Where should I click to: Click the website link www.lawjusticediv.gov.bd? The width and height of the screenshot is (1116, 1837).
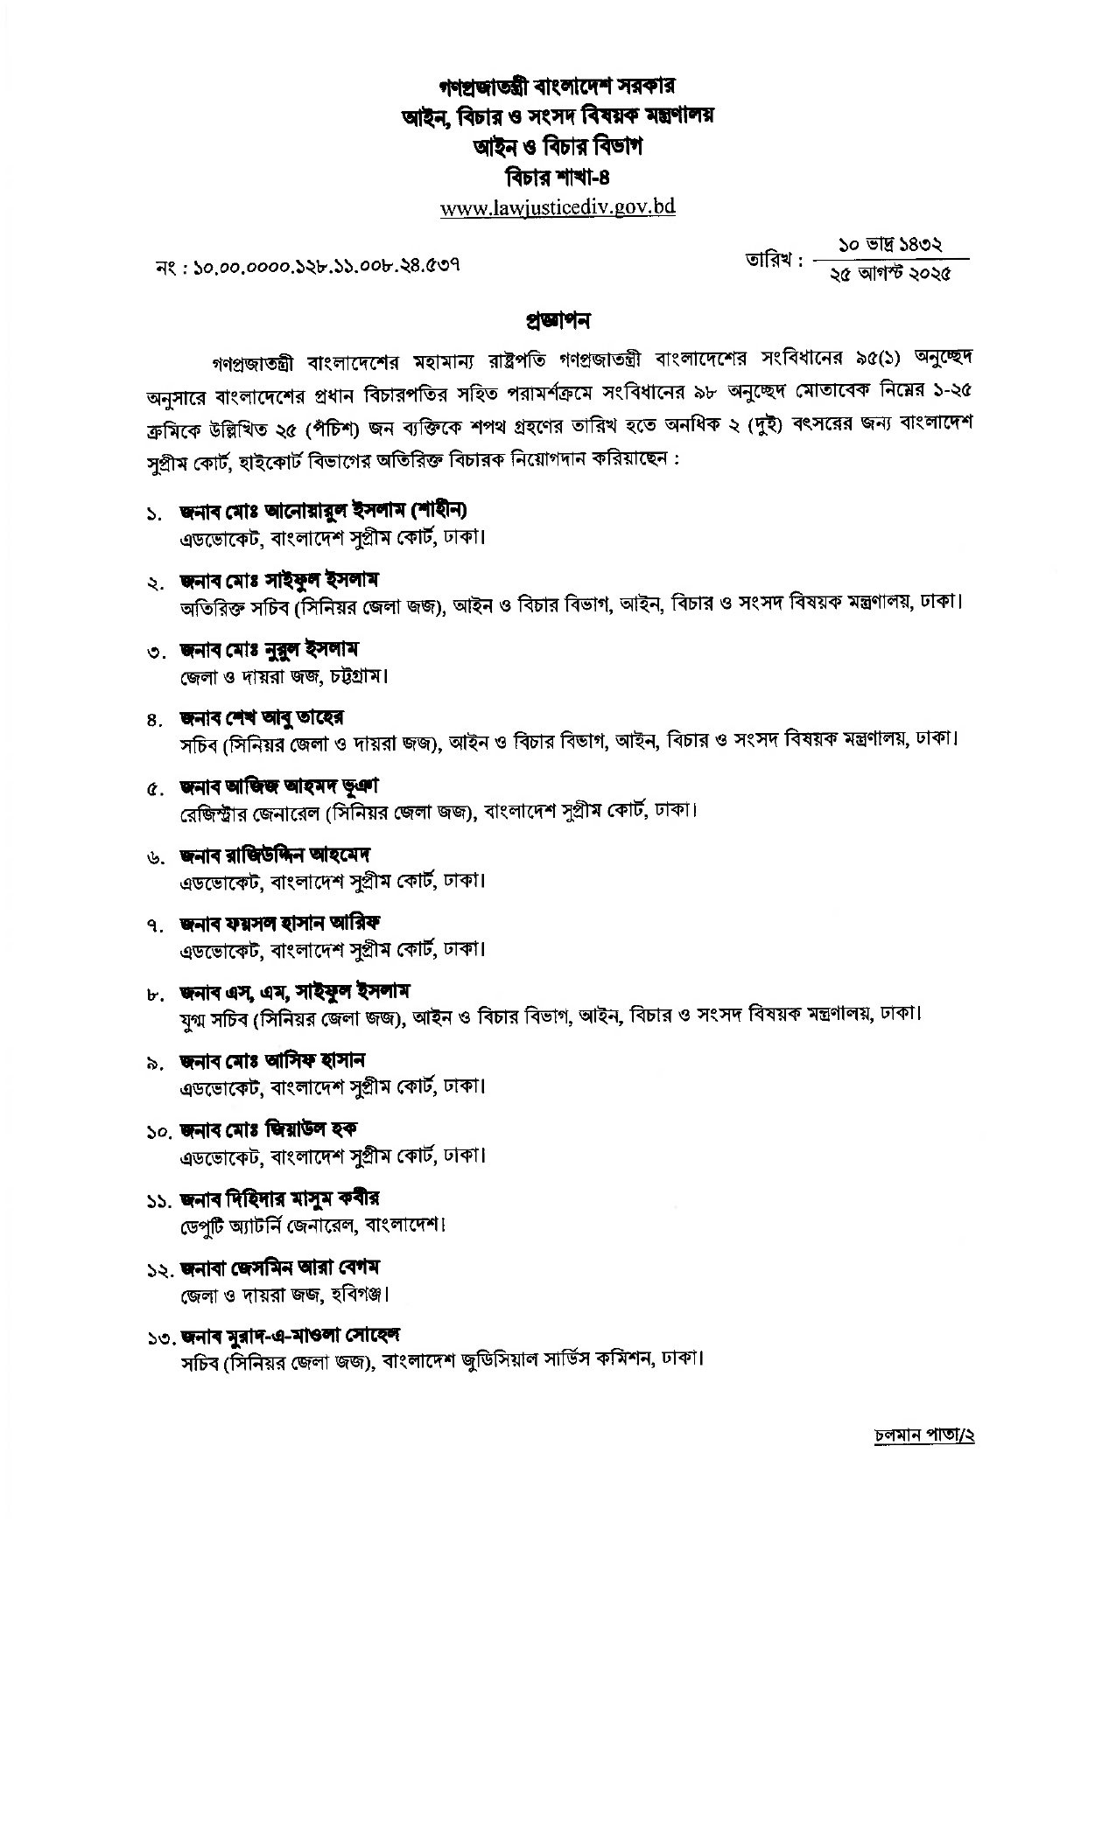558,208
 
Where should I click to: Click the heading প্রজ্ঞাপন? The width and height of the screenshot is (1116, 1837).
558,320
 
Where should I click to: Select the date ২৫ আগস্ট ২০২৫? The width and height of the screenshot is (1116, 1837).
890,273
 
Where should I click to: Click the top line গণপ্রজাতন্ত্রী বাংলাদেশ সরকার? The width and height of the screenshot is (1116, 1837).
558,87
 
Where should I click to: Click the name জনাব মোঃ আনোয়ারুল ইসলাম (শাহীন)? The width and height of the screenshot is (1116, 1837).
324,510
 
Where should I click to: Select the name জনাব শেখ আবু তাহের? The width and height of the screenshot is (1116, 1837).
262,717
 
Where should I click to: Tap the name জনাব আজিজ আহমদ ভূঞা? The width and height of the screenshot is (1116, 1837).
279,786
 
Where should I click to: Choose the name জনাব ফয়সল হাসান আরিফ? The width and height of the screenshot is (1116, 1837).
281,923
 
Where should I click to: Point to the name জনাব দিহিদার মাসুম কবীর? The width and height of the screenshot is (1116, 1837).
279,1198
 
